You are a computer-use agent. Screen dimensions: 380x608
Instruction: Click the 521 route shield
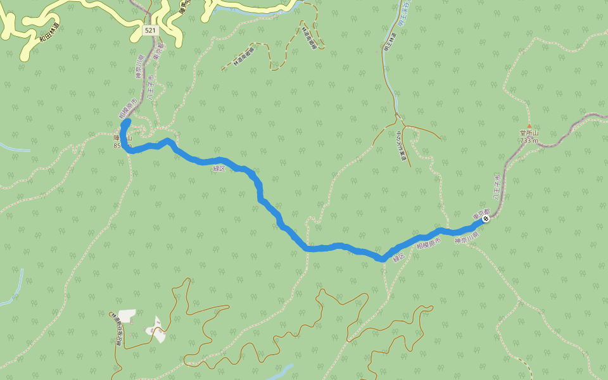(149, 30)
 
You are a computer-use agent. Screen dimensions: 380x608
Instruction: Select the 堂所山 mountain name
(528, 134)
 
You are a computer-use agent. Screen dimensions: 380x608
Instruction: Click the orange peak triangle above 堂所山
(529, 127)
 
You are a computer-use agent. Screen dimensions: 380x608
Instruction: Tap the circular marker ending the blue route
(486, 218)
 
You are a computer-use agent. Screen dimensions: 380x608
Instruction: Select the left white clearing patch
(127, 315)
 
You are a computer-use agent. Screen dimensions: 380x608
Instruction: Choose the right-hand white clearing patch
(156, 329)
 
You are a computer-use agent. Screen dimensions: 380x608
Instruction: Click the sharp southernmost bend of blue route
(382, 258)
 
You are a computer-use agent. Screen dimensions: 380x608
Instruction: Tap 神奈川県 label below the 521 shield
(139, 67)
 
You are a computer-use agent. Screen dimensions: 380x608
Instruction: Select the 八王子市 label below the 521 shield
(151, 89)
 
